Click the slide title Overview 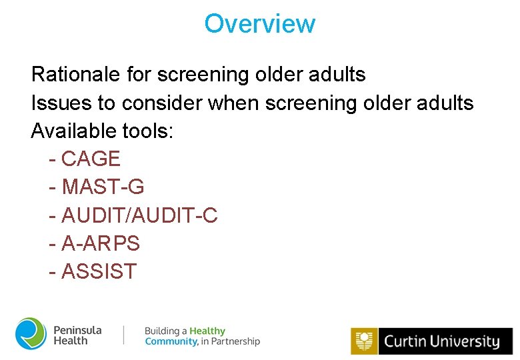pyautogui.click(x=259, y=24)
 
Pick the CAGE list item pyautogui.click(x=91, y=159)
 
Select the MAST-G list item pyautogui.click(x=103, y=187)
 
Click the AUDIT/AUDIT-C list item pyautogui.click(x=139, y=216)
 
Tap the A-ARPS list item pyautogui.click(x=100, y=244)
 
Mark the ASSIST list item pyautogui.click(x=99, y=272)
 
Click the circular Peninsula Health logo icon pyautogui.click(x=31, y=334)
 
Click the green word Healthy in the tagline pyautogui.click(x=207, y=331)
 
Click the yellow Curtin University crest pyautogui.click(x=364, y=341)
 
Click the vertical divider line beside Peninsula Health pyautogui.click(x=124, y=335)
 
